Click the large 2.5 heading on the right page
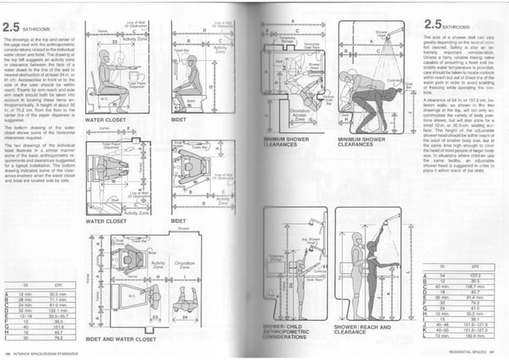pyautogui.click(x=436, y=24)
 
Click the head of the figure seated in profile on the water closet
pyautogui.click(x=103, y=57)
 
